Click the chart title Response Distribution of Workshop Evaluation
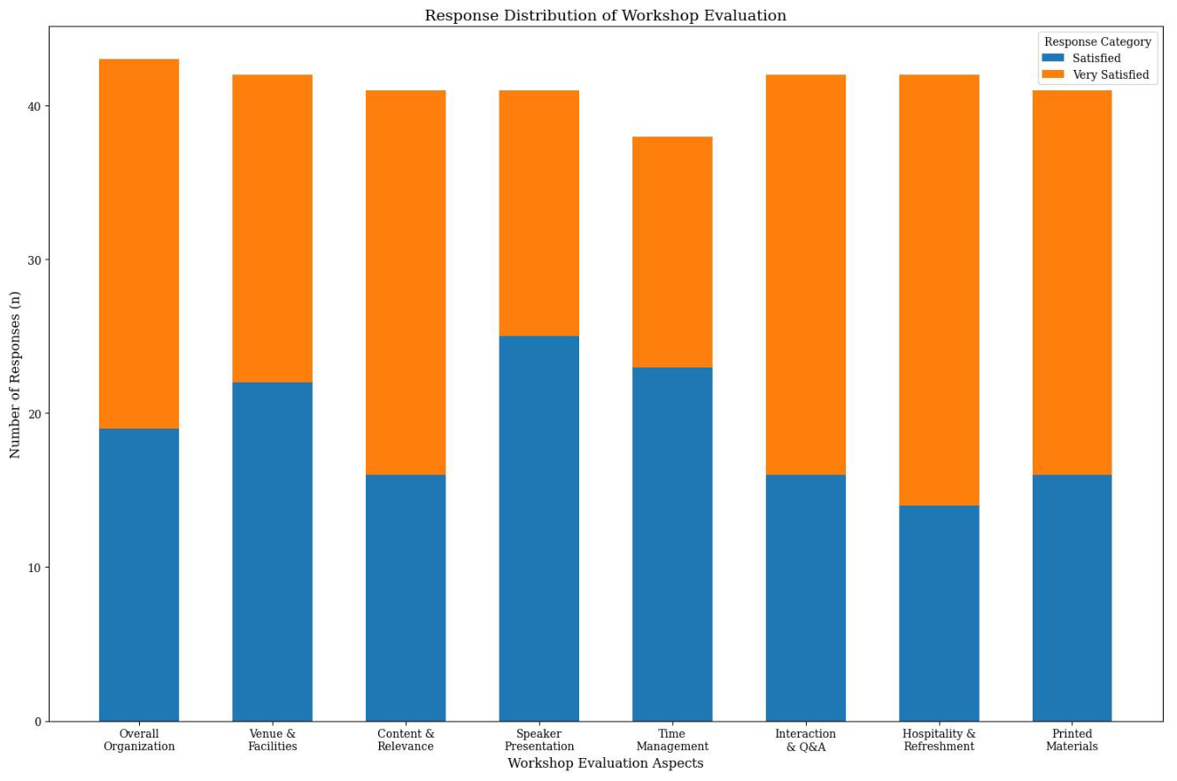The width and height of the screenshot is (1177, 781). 605,15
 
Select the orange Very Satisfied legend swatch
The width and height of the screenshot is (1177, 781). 1052,74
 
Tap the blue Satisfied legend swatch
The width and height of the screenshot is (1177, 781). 1052,58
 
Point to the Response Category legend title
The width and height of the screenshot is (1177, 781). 1097,42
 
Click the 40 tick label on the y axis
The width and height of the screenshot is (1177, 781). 35,106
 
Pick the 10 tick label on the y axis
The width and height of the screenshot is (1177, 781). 35,568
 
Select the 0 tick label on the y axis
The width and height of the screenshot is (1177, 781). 38,723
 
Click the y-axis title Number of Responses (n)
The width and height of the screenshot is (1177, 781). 15,375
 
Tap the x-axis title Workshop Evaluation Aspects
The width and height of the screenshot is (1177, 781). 605,762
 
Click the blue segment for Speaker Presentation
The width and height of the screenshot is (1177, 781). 539,529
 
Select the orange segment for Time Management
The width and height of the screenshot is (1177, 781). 672,251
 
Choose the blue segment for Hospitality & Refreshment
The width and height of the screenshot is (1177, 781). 939,614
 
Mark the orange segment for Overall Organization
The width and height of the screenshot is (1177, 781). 139,244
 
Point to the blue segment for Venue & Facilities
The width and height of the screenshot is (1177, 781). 272,552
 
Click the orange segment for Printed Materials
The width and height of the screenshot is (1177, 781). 1072,282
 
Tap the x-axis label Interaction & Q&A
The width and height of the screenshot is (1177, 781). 806,740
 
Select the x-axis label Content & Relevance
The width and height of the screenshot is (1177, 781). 406,740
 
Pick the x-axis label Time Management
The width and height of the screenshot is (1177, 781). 672,740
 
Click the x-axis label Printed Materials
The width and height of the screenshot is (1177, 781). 1072,740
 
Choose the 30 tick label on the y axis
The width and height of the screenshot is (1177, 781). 35,260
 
